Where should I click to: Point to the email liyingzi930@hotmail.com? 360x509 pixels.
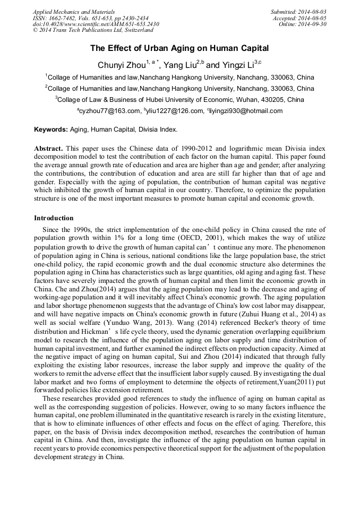point(246,111)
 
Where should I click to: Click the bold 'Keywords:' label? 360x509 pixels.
point(51,130)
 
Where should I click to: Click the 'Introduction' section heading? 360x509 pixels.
point(54,218)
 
